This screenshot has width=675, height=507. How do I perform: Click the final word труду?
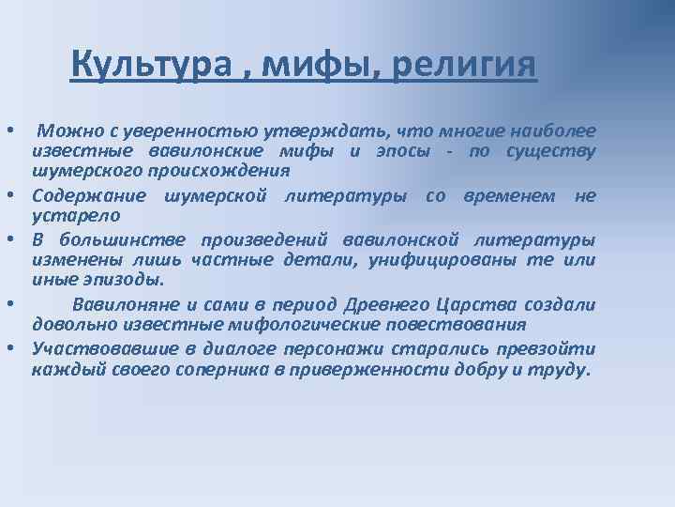pyautogui.click(x=562, y=369)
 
